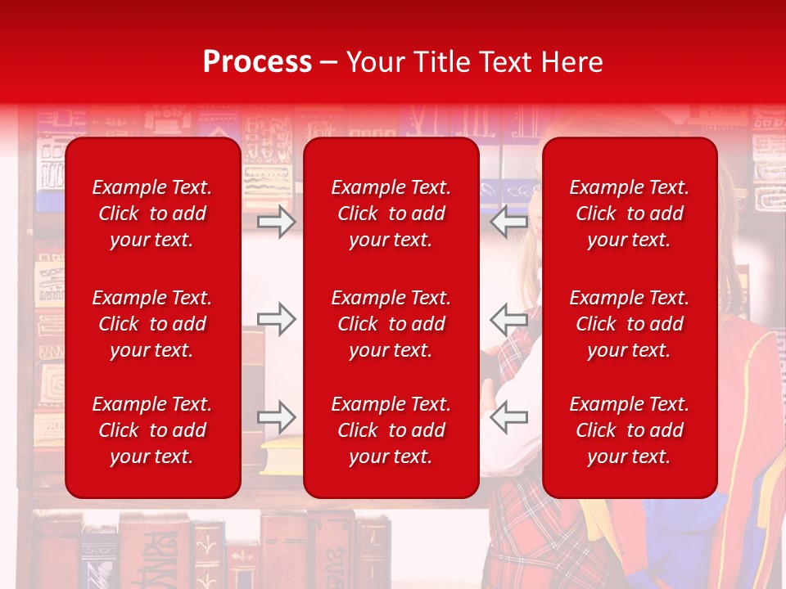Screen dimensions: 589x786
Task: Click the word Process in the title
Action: (257, 62)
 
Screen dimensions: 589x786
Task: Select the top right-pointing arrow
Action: (276, 221)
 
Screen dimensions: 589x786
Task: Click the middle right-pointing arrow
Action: (276, 319)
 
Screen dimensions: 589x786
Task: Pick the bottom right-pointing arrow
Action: (276, 417)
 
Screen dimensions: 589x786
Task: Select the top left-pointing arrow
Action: (509, 221)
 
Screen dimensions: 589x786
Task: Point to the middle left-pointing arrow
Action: (509, 319)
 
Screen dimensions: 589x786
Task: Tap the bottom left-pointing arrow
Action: (509, 417)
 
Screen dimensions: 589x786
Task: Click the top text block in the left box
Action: (152, 214)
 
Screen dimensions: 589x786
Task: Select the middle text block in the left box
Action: (152, 324)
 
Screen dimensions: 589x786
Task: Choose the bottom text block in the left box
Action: (152, 430)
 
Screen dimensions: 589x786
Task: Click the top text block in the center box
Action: (391, 214)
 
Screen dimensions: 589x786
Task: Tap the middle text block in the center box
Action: (391, 324)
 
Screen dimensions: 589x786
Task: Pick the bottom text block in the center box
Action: (391, 430)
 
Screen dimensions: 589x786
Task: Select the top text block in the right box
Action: (630, 214)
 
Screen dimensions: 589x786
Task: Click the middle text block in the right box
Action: (630, 324)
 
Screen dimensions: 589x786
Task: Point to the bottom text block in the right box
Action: (630, 430)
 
